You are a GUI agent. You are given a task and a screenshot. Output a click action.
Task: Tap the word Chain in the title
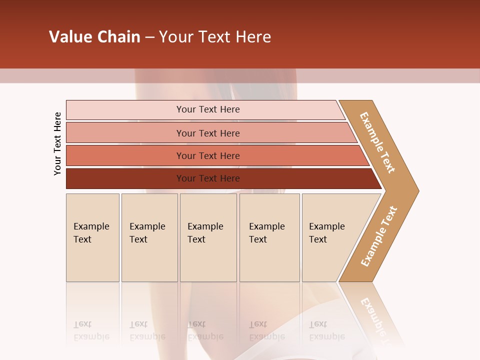click(118, 37)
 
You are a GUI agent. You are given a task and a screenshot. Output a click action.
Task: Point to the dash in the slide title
click(149, 37)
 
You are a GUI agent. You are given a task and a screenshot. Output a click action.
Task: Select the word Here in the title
click(253, 37)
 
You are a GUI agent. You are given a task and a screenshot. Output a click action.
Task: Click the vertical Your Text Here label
click(57, 143)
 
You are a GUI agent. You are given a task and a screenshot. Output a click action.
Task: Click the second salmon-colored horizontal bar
click(207, 133)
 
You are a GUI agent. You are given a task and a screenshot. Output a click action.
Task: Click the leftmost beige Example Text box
click(92, 237)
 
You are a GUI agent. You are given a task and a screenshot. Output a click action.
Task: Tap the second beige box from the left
click(149, 237)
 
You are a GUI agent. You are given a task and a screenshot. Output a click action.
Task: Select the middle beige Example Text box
click(208, 237)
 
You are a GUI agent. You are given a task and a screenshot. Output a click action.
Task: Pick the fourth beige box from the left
click(269, 237)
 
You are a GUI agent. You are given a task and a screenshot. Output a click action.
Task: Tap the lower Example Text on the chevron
click(379, 236)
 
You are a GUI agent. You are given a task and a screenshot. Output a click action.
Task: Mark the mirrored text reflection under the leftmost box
click(91, 330)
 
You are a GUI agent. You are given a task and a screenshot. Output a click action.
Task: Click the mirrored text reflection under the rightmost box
click(326, 330)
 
